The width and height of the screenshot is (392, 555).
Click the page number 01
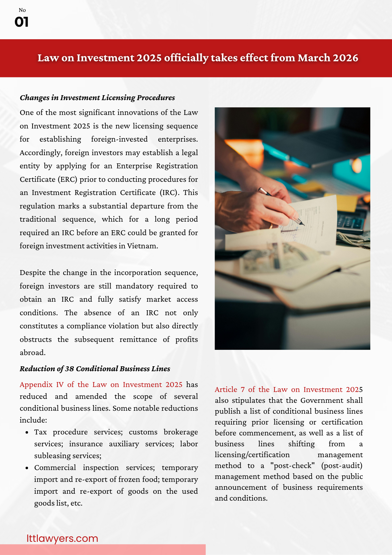tap(21, 22)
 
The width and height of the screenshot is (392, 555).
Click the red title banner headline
tap(197, 58)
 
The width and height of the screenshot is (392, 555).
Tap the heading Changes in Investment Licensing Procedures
tap(97, 98)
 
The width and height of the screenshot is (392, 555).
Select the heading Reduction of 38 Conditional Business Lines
tap(95, 369)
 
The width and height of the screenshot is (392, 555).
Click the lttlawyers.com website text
tap(62, 538)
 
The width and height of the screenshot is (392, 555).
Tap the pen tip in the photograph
tap(302, 224)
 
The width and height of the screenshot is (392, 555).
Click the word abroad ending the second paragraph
tap(32, 353)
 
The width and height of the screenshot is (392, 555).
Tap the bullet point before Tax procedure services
tap(27, 432)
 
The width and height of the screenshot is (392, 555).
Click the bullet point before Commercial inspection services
tap(27, 468)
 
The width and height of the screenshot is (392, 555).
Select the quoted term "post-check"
tap(293, 466)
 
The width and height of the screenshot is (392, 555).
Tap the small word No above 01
tap(22, 10)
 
